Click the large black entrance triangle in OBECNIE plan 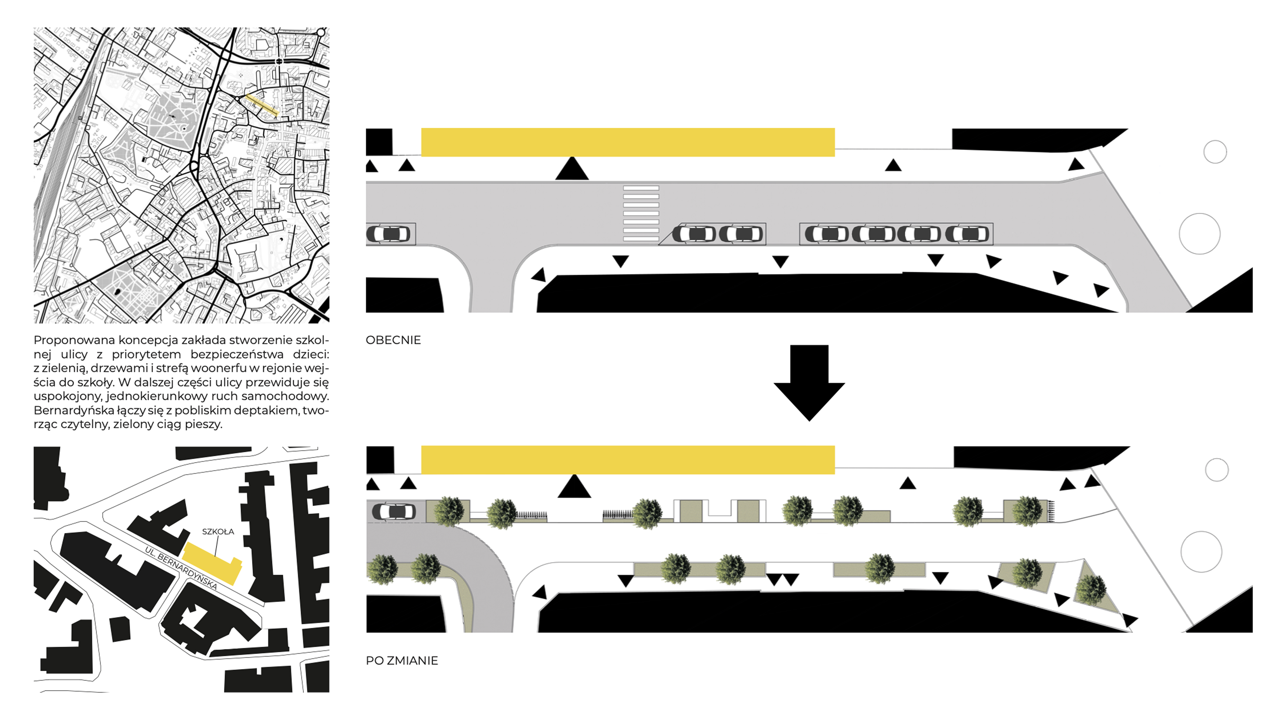pyautogui.click(x=572, y=169)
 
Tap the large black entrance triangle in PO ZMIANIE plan pyautogui.click(x=574, y=487)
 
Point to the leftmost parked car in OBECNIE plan pyautogui.click(x=389, y=233)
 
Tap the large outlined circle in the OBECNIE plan pyautogui.click(x=1199, y=233)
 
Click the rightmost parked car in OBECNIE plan pyautogui.click(x=967, y=233)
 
